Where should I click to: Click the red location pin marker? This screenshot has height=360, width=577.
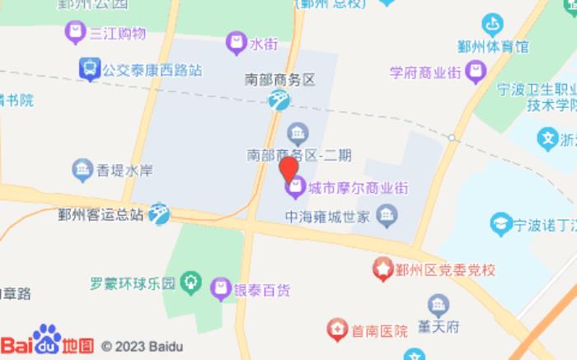[288, 169]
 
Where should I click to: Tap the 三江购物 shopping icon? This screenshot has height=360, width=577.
[75, 34]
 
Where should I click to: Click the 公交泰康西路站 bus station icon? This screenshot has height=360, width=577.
[88, 70]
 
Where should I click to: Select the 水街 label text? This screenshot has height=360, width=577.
[264, 43]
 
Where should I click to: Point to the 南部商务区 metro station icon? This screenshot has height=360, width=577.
[279, 101]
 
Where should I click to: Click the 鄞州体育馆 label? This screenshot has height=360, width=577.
[493, 47]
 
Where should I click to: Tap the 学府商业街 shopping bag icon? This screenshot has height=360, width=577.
[474, 72]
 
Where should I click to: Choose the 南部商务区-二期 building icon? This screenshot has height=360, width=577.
[297, 132]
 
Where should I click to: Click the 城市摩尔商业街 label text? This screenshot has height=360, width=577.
[358, 188]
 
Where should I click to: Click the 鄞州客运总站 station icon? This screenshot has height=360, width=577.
[159, 214]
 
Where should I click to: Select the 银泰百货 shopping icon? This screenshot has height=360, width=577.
[219, 289]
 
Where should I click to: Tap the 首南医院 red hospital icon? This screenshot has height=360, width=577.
[337, 331]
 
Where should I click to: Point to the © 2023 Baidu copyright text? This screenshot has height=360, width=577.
[142, 346]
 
